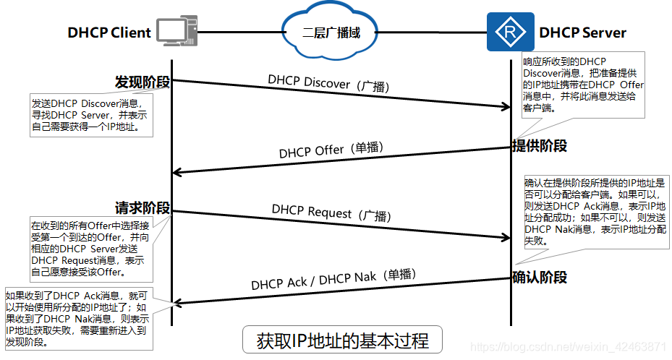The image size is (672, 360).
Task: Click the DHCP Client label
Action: click(x=109, y=33)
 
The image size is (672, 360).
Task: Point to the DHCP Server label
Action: click(x=582, y=33)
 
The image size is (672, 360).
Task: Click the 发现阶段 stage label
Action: click(x=142, y=82)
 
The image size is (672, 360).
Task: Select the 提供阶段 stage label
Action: click(x=539, y=145)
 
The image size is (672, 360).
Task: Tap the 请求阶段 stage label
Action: click(x=142, y=207)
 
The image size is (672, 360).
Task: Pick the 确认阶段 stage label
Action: click(x=539, y=277)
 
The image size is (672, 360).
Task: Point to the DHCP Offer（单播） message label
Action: click(x=331, y=150)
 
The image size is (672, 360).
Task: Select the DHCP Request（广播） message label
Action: click(x=331, y=212)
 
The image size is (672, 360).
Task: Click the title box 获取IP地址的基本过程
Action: click(x=342, y=340)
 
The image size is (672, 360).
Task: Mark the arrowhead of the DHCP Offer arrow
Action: click(x=177, y=172)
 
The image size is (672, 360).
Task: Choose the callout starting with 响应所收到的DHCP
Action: click(x=583, y=85)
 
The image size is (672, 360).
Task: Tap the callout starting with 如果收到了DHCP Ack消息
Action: click(x=78, y=318)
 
